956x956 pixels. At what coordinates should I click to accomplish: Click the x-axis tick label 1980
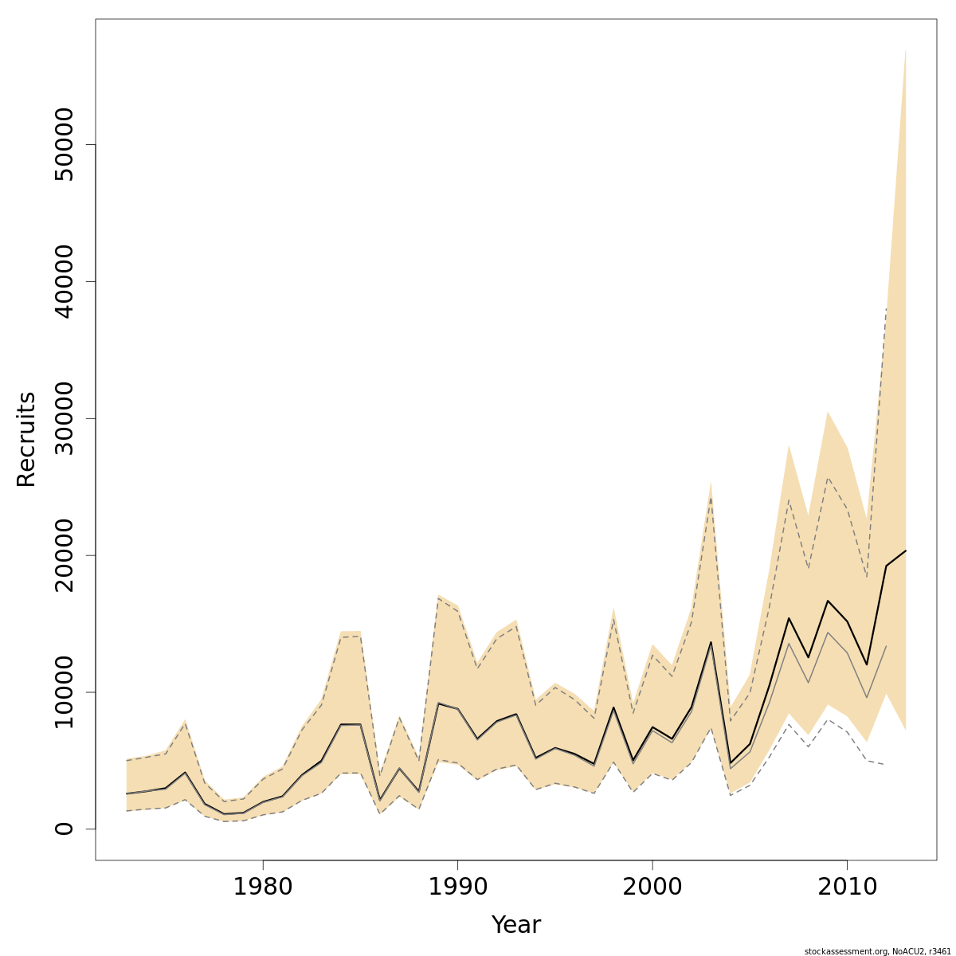pyautogui.click(x=263, y=887)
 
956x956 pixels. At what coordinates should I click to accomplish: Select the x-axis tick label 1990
pyautogui.click(x=457, y=887)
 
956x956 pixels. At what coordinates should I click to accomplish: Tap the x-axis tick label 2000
pyautogui.click(x=652, y=887)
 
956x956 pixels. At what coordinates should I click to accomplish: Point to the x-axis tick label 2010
pyautogui.click(x=847, y=887)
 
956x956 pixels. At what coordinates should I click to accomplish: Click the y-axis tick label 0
pyautogui.click(x=64, y=829)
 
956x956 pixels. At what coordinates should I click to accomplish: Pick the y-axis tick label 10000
pyautogui.click(x=64, y=692)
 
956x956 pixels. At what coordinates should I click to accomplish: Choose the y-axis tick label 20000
pyautogui.click(x=64, y=555)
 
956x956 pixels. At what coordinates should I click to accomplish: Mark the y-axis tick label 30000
pyautogui.click(x=64, y=418)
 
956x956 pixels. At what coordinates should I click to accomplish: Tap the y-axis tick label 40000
pyautogui.click(x=64, y=281)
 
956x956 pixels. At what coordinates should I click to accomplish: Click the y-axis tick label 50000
pyautogui.click(x=64, y=144)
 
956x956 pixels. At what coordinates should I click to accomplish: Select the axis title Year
pyautogui.click(x=516, y=925)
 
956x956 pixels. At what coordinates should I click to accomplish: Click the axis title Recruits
pyautogui.click(x=26, y=439)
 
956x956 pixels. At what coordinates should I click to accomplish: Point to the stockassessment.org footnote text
pyautogui.click(x=877, y=951)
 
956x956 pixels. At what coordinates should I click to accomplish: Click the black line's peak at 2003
pyautogui.click(x=711, y=642)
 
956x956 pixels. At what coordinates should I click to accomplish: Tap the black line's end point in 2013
pyautogui.click(x=906, y=550)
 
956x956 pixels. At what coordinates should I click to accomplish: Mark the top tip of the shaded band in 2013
pyautogui.click(x=906, y=49)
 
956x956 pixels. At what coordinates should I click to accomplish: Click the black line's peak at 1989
pyautogui.click(x=438, y=703)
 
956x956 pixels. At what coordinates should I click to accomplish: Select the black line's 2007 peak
pyautogui.click(x=789, y=618)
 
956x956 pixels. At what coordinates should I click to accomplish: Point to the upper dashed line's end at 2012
pyautogui.click(x=886, y=308)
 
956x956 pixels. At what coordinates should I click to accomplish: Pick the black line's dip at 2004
pyautogui.click(x=731, y=763)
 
